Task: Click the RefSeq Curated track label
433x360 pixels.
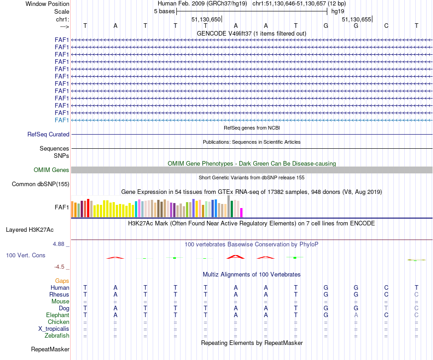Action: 48,135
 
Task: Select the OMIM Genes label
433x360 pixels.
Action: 52,170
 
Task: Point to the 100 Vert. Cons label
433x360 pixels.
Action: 26,255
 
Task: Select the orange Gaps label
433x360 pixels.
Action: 62,281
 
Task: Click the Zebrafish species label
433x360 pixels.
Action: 57,336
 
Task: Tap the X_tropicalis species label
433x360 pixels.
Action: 54,329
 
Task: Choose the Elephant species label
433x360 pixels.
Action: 57,315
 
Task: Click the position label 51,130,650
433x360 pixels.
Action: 206,19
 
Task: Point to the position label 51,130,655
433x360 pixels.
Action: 356,19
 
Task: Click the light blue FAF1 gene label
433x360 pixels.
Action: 62,120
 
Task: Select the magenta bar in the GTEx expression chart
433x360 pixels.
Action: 242,213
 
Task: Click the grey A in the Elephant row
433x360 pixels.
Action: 356,315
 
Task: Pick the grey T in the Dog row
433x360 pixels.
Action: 386,308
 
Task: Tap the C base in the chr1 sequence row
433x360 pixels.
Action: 386,26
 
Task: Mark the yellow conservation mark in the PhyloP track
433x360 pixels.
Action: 416,260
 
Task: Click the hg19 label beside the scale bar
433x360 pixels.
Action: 338,10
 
